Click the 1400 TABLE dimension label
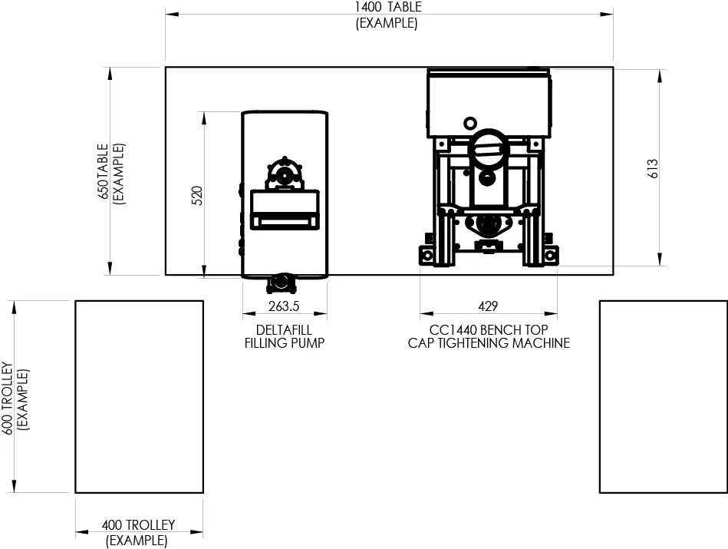[388, 8]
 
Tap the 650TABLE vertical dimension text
[103, 171]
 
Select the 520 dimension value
[197, 196]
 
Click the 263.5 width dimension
[284, 306]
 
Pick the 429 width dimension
[488, 306]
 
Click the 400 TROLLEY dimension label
[138, 525]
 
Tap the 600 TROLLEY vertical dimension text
[8, 399]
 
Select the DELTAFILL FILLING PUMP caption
[284, 336]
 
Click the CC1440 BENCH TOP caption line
[489, 330]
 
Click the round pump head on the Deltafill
[284, 176]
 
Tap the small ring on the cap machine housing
[470, 124]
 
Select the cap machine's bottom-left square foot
[427, 255]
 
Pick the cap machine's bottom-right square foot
[550, 255]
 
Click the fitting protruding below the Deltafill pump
[282, 283]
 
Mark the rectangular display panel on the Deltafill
[285, 210]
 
